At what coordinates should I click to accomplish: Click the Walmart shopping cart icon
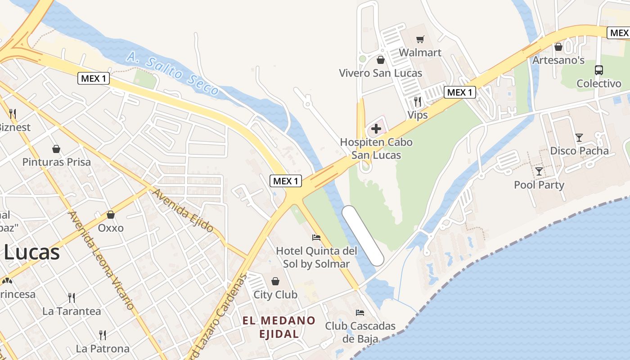click(x=420, y=40)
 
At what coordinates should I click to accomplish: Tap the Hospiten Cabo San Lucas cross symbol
click(x=376, y=129)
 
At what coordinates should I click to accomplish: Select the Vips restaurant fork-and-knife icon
click(x=418, y=102)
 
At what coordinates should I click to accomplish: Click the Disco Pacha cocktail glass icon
click(x=579, y=138)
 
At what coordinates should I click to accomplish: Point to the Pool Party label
click(x=539, y=185)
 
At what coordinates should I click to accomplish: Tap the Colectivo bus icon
click(x=599, y=70)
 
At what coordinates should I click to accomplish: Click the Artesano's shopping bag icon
click(x=558, y=47)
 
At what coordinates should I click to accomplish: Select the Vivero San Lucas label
click(x=380, y=73)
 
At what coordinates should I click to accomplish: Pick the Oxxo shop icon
click(x=111, y=215)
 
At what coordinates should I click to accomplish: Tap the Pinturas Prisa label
click(x=57, y=162)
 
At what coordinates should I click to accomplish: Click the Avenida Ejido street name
click(x=183, y=210)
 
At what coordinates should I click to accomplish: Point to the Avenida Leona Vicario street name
click(x=101, y=260)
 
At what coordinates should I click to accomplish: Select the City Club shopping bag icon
click(x=275, y=282)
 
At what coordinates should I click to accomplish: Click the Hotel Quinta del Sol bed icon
click(x=316, y=237)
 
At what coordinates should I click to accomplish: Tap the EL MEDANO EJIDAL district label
click(x=279, y=327)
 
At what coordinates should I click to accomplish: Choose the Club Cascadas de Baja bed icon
click(x=360, y=312)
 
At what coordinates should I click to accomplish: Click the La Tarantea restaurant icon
click(x=72, y=297)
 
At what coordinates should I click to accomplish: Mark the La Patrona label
click(x=102, y=348)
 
